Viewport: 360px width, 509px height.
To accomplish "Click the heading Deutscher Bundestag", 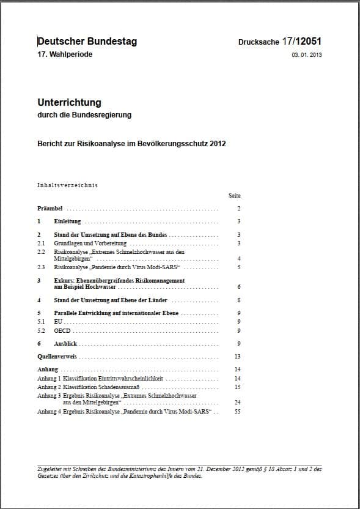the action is click(87, 42).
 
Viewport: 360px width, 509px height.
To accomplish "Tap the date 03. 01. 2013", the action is click(307, 55).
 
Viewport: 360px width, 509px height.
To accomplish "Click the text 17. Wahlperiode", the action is click(65, 54).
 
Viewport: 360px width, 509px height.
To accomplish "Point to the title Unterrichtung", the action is click(69, 102).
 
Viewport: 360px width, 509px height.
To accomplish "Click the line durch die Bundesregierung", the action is click(84, 114).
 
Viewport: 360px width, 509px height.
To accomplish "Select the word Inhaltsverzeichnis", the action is click(67, 185).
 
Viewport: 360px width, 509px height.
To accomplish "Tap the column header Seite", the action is click(235, 196).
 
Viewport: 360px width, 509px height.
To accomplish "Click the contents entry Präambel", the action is click(50, 209).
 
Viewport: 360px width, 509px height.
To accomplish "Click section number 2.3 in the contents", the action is click(42, 267).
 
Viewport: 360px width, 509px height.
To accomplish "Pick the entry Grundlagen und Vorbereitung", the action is click(90, 243).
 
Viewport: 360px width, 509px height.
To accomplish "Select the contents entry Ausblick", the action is click(65, 344).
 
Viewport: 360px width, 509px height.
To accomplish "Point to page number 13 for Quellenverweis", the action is click(238, 356).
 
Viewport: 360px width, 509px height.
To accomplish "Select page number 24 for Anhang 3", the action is click(238, 402).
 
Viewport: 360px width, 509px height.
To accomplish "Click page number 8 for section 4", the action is click(238, 300).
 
